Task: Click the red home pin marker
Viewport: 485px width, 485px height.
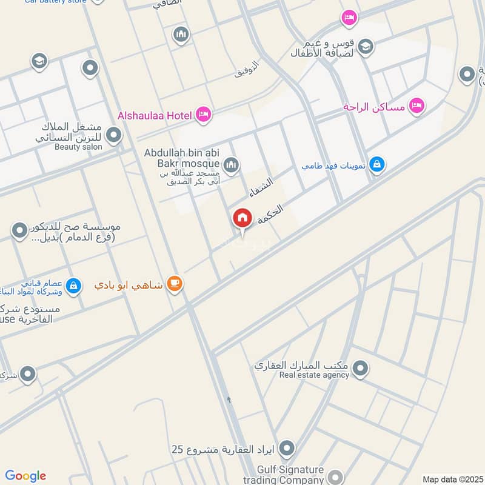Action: tap(242, 218)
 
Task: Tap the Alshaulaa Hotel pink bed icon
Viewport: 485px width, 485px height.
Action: tap(204, 114)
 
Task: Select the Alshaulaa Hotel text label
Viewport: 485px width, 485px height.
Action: tap(155, 115)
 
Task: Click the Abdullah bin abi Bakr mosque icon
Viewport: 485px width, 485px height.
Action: tap(230, 164)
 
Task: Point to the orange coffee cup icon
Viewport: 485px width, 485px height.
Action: tap(175, 283)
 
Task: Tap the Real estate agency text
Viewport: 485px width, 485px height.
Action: tap(314, 375)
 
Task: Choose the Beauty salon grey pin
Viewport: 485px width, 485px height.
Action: tap(113, 135)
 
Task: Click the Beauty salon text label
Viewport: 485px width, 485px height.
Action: tap(79, 146)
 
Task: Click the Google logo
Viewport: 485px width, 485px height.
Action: tap(25, 476)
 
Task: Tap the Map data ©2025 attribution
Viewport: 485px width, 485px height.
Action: tap(452, 479)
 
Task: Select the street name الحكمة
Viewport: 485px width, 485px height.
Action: tap(270, 215)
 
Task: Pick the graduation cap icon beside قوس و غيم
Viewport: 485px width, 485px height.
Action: tap(365, 46)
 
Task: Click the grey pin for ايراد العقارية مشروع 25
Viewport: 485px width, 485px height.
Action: tap(287, 449)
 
